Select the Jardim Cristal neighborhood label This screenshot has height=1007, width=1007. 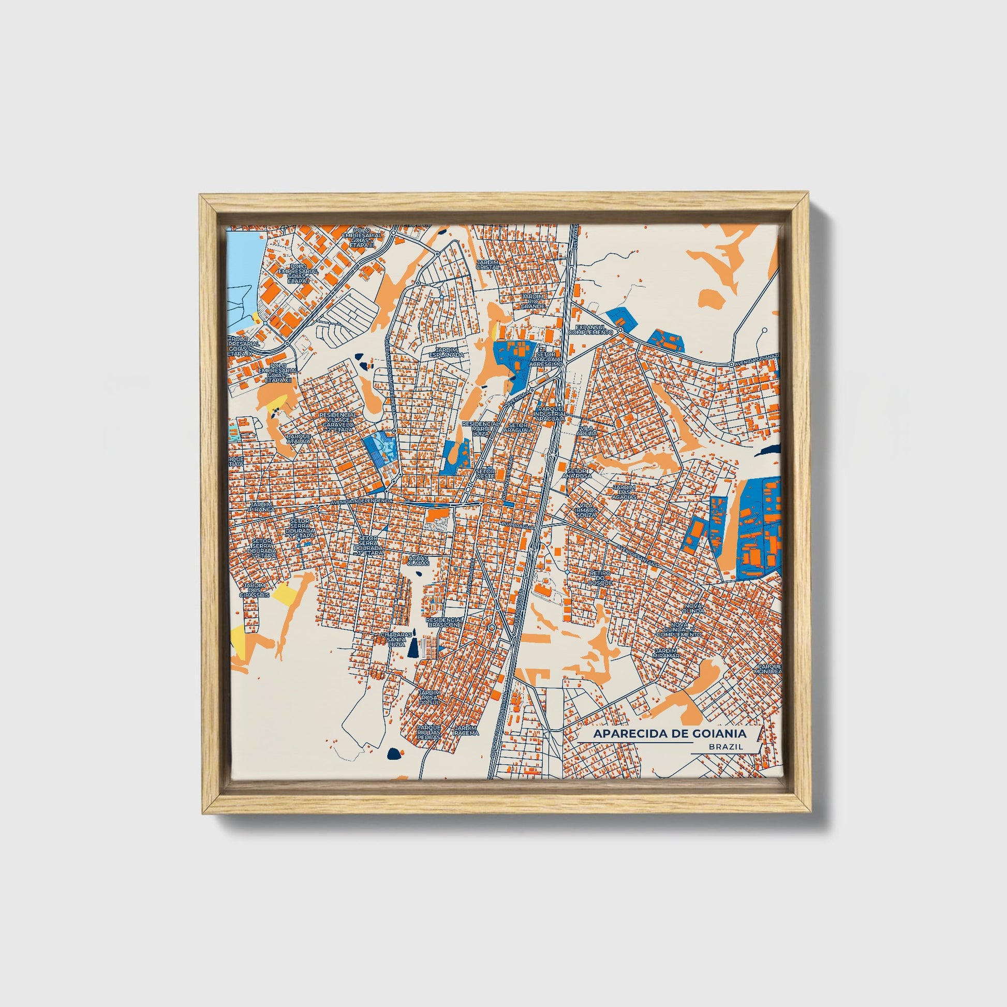[x=487, y=264]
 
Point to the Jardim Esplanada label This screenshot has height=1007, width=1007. [x=446, y=352]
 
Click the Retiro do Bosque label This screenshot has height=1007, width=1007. [x=599, y=577]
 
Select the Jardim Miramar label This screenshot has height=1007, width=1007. [x=667, y=653]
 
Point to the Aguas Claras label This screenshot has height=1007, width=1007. [x=418, y=560]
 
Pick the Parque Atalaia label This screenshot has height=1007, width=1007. [x=298, y=438]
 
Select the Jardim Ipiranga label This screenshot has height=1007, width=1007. [x=261, y=508]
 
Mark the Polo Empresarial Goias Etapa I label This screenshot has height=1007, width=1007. [x=298, y=273]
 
